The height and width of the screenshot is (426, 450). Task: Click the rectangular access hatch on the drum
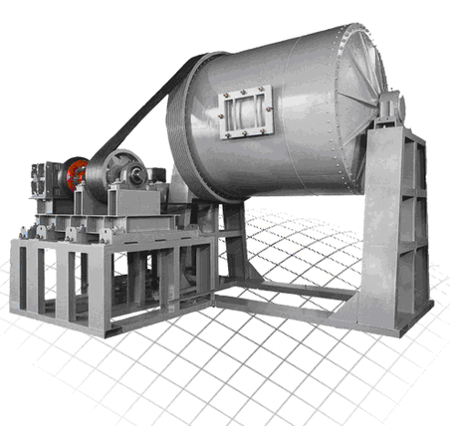pos(245,110)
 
